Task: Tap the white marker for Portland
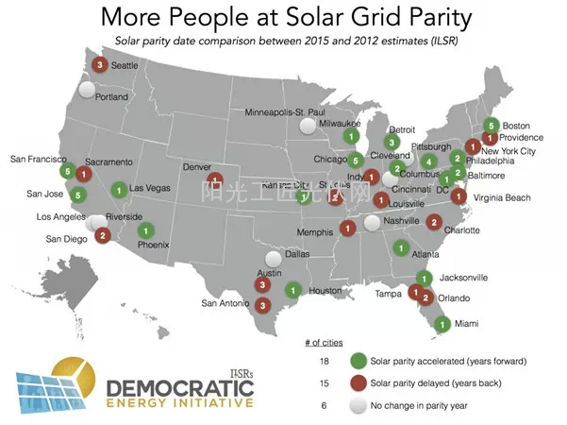pos(88,92)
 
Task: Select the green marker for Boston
pos(490,125)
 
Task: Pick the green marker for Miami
pos(441,324)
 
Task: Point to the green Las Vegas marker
pos(119,189)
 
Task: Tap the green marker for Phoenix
pos(146,230)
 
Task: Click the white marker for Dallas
pos(274,256)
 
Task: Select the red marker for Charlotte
pos(433,222)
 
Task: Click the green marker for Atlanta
pos(400,248)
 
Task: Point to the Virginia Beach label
pos(509,197)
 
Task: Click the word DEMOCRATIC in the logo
pos(179,387)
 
